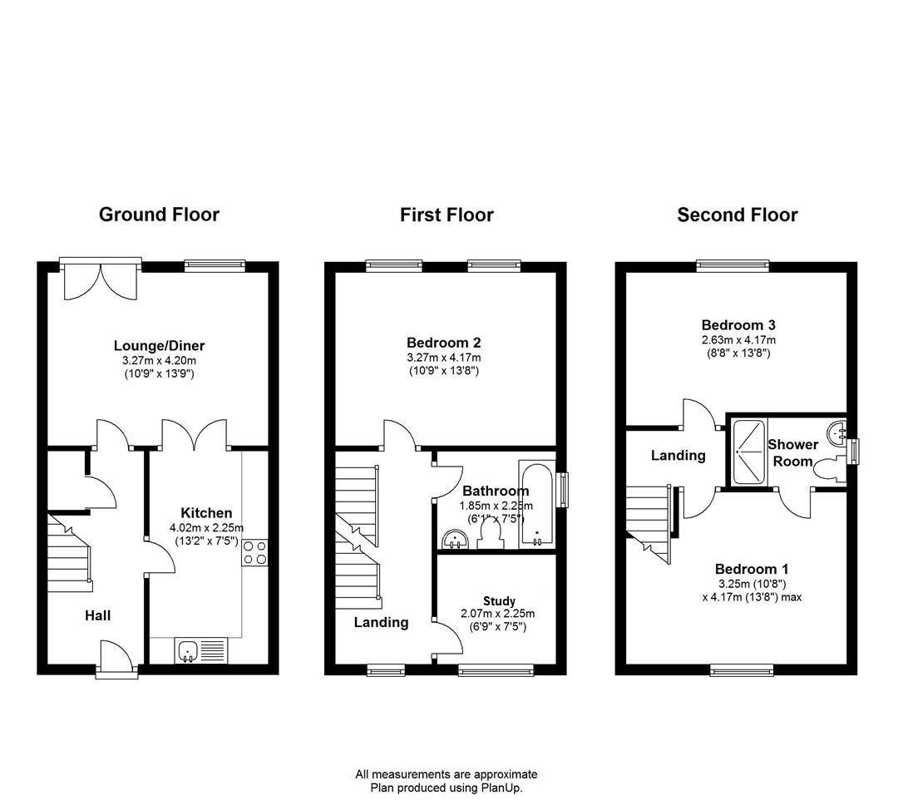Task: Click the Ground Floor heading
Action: coord(159,215)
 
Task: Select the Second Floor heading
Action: coord(737,215)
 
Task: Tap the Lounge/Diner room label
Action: coord(159,345)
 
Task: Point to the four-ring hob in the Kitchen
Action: coord(255,553)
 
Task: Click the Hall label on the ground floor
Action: coord(97,615)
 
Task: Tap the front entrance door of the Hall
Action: coord(117,660)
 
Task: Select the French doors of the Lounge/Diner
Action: coord(101,279)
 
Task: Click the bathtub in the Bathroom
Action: coord(537,503)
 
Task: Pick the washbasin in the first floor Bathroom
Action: coord(456,539)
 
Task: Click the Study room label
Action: coord(499,601)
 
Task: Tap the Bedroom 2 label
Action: coord(444,343)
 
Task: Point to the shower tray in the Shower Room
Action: coord(748,451)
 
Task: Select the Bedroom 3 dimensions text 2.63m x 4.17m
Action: coord(739,339)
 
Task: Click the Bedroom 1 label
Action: coord(752,569)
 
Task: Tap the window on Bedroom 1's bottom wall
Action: coord(742,670)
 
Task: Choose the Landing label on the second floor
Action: coord(678,456)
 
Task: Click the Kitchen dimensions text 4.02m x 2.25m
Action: coord(206,527)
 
